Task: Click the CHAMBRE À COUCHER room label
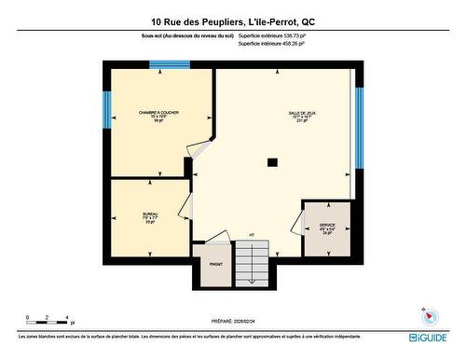[158, 112]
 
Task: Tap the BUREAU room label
[150, 214]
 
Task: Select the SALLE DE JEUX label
[301, 112]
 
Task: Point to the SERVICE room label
[327, 225]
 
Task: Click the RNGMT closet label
[215, 263]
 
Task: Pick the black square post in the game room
[272, 162]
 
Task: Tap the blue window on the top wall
[170, 64]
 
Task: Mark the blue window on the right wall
[359, 128]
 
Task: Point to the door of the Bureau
[185, 208]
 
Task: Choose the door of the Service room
[297, 224]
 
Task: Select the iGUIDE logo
[430, 334]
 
